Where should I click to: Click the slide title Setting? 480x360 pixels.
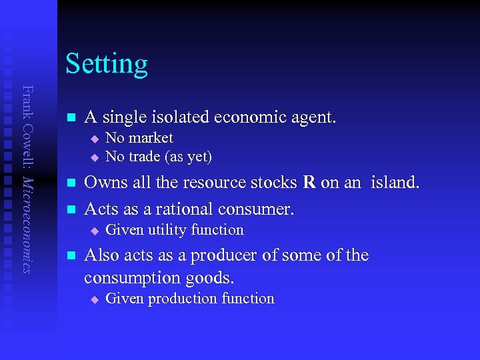pos(107,64)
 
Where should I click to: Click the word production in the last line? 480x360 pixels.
pos(179,298)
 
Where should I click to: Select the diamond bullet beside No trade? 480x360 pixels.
pos(95,157)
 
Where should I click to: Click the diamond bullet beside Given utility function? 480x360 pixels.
pos(95,231)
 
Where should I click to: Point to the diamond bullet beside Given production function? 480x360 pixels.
pos(95,299)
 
